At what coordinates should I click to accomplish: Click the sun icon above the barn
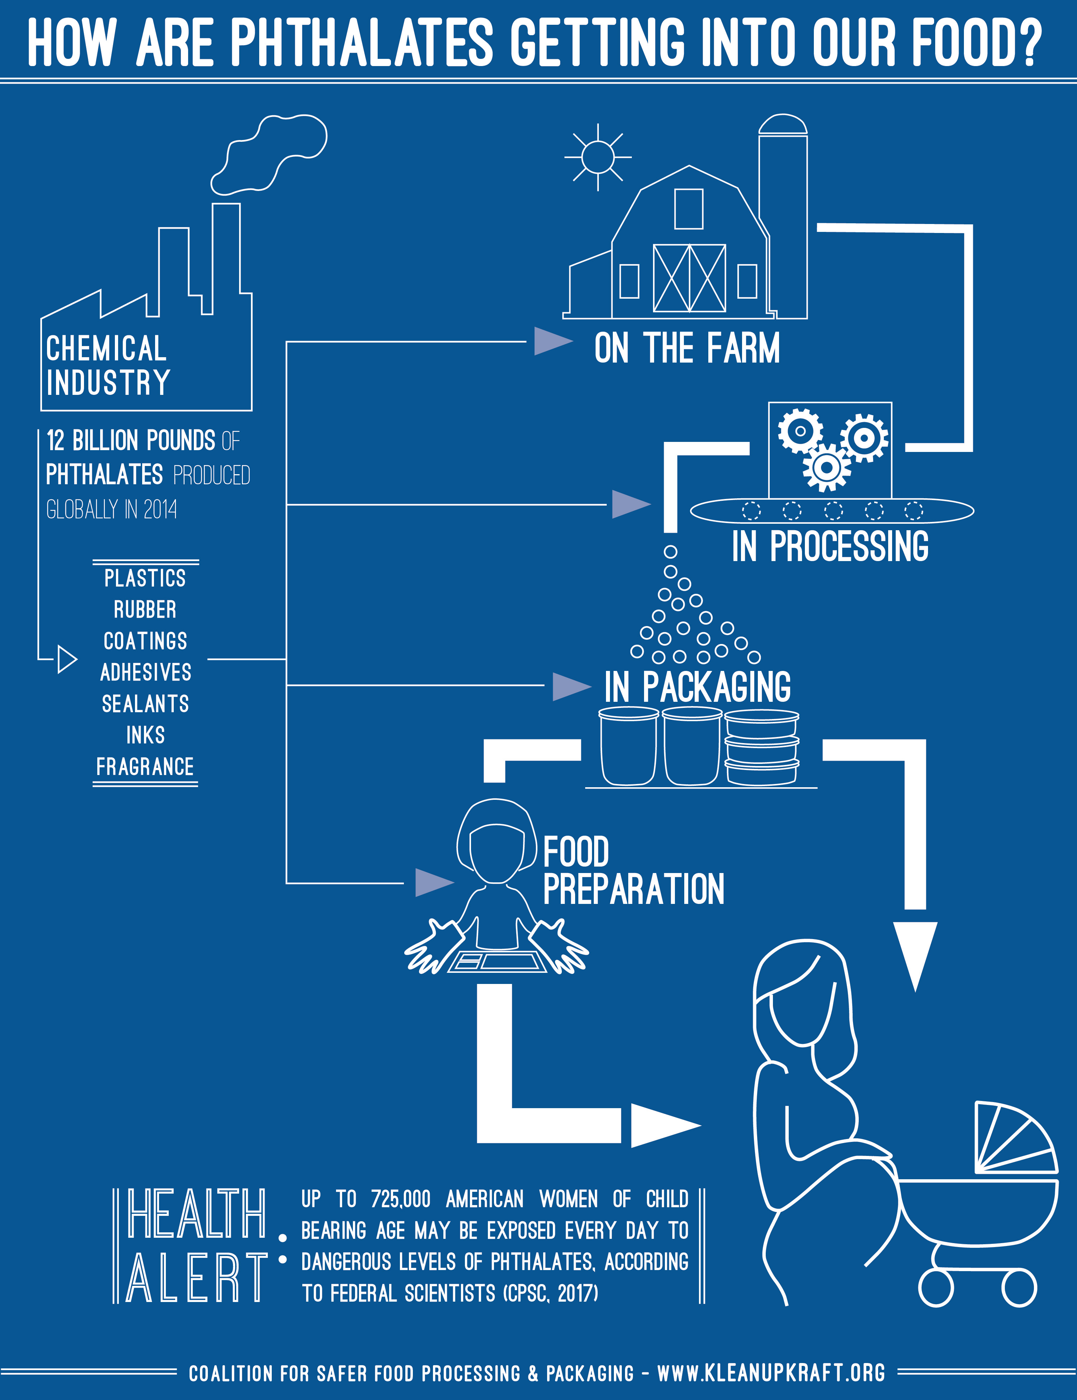pyautogui.click(x=597, y=157)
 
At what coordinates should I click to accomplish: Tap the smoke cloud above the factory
pyautogui.click(x=269, y=154)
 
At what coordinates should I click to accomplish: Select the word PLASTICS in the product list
pyautogui.click(x=145, y=578)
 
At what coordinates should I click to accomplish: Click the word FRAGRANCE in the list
pyautogui.click(x=145, y=767)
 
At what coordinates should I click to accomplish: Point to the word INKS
pyautogui.click(x=145, y=735)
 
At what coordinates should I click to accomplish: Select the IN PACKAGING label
pyautogui.click(x=698, y=686)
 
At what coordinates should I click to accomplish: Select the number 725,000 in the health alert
pyautogui.click(x=401, y=1199)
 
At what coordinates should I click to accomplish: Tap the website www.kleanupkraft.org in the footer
pyautogui.click(x=771, y=1373)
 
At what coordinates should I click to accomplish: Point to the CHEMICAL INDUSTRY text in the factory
pyautogui.click(x=108, y=365)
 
